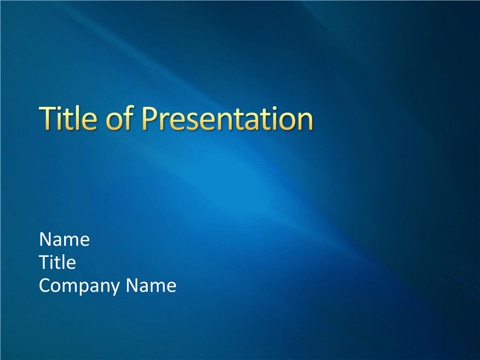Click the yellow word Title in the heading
pyautogui.click(x=68, y=118)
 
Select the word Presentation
pyautogui.click(x=227, y=118)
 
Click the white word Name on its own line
pyautogui.click(x=64, y=239)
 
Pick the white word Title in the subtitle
pyautogui.click(x=58, y=262)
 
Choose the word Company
pyautogui.click(x=79, y=287)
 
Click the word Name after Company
pyautogui.click(x=151, y=286)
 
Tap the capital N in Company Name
pyautogui.click(x=132, y=286)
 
